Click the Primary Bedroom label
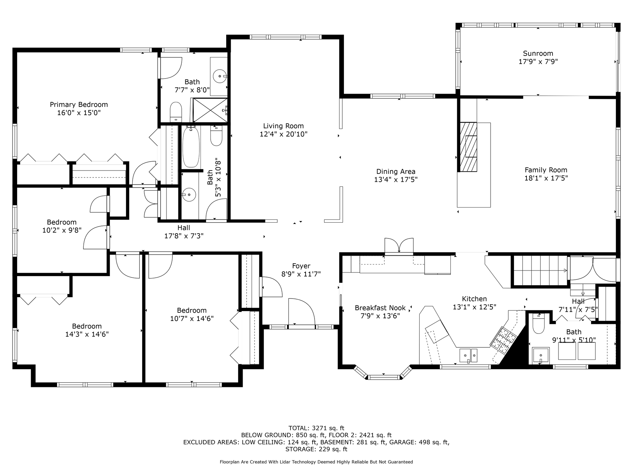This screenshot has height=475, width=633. (x=79, y=105)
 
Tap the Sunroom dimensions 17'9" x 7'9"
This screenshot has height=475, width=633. (x=538, y=61)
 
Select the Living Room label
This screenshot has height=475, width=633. (x=283, y=126)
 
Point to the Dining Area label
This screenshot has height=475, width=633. (x=396, y=172)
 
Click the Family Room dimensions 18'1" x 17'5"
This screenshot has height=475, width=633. (x=546, y=178)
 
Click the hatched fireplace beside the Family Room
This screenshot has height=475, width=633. (x=468, y=147)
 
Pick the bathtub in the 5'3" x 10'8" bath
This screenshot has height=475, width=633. (x=191, y=147)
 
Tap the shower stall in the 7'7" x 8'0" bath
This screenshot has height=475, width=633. (x=210, y=110)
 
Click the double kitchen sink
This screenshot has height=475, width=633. (x=468, y=355)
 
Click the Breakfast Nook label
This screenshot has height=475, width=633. (x=380, y=308)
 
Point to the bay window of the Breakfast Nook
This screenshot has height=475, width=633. (x=384, y=375)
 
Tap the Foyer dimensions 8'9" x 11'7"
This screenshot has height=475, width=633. (x=301, y=274)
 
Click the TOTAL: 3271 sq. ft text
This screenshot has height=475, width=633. (x=316, y=428)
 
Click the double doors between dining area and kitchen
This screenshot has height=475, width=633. (x=399, y=246)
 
